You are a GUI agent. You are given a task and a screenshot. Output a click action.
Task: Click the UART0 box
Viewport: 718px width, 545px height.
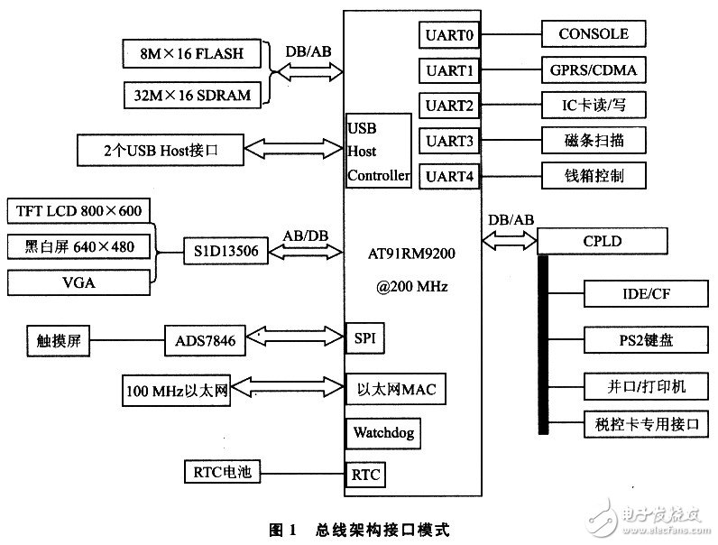pos(449,35)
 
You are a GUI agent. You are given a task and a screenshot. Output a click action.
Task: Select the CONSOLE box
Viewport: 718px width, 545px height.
pos(594,33)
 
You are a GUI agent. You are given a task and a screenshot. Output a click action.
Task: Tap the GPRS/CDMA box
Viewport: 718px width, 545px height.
pos(594,69)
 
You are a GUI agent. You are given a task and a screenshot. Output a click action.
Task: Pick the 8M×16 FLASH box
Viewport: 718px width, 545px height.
pos(192,53)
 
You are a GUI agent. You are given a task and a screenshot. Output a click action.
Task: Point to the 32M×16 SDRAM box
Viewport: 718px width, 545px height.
pos(192,96)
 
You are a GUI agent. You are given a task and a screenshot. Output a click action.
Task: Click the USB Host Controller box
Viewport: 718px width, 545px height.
pos(378,151)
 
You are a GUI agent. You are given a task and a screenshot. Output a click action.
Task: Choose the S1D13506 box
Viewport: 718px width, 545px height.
pos(226,251)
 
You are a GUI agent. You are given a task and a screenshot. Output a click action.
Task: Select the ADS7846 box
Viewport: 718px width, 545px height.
pos(205,340)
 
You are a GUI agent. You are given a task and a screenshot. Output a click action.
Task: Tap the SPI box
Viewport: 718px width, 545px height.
pos(364,338)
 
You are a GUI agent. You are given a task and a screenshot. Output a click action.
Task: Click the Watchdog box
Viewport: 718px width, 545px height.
pos(382,433)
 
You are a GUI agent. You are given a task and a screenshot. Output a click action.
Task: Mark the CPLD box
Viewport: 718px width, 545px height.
pos(603,241)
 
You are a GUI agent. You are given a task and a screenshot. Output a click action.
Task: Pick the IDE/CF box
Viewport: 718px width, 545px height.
pos(646,293)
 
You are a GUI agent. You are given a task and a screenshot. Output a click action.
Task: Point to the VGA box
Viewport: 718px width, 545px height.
pos(78,282)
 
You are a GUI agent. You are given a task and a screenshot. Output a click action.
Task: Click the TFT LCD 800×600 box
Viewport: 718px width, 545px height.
pos(78,210)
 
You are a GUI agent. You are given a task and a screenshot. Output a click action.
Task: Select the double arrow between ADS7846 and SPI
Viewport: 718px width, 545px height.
pos(295,337)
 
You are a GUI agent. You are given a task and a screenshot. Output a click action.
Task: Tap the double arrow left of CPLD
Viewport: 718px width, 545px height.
pos(510,240)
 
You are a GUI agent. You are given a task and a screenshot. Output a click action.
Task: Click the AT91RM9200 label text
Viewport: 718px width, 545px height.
pos(411,254)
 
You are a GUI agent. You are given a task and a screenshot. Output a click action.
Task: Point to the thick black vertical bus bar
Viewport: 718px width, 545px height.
pos(543,345)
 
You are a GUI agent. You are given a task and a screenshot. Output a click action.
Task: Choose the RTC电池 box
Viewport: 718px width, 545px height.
pos(222,472)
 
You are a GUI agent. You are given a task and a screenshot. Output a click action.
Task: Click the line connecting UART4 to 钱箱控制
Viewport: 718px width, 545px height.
pos(511,176)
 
